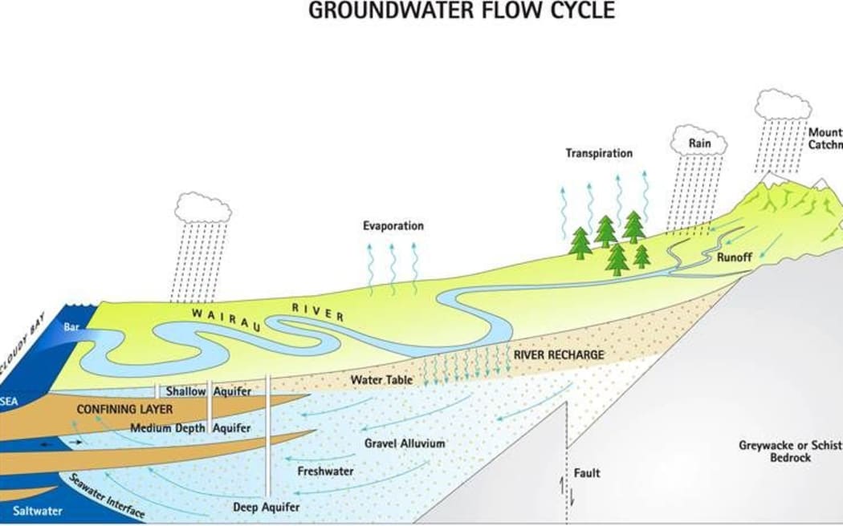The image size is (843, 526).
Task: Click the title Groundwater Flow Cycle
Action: click(x=462, y=10)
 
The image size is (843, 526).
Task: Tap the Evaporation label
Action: click(x=393, y=226)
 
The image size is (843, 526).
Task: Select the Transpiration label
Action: click(x=599, y=153)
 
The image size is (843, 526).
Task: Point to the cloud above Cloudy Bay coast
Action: click(x=202, y=207)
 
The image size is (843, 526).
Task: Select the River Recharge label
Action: click(x=559, y=354)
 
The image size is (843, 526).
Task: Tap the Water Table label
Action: click(x=382, y=378)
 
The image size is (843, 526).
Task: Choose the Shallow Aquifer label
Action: click(x=208, y=391)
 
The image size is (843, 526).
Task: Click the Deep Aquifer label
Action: click(x=266, y=507)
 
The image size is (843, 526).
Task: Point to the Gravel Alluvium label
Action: click(x=404, y=443)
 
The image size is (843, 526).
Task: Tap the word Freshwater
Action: click(x=325, y=471)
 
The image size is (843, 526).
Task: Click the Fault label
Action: click(x=587, y=473)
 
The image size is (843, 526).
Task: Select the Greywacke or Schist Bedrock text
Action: click(x=774, y=451)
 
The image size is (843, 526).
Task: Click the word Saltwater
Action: click(x=35, y=511)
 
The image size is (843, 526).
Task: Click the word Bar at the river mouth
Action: click(x=71, y=326)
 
